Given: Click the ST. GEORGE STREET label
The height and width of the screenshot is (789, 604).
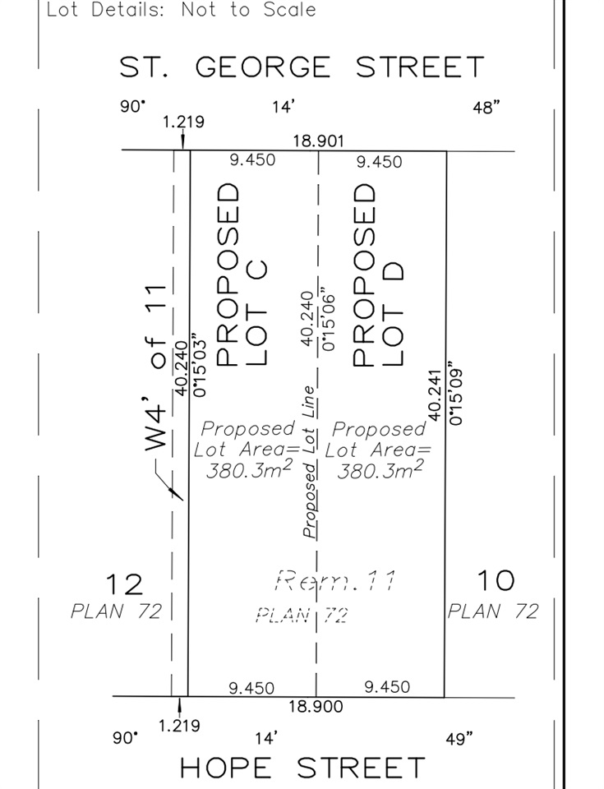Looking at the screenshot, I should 302,67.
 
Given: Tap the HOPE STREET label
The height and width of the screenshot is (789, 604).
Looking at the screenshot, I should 302,768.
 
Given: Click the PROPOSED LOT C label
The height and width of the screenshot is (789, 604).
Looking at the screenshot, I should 240,275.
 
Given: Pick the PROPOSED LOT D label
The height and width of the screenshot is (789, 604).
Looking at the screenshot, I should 377,275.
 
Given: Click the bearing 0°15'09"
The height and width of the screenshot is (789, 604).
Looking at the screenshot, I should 457,390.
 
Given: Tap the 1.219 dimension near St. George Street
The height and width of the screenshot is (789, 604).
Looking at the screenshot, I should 183,122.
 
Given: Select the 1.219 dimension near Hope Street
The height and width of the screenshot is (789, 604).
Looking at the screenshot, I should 178,726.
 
